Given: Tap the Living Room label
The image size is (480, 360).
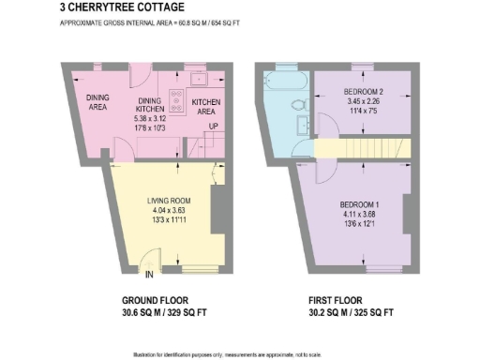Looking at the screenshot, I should pos(168,201).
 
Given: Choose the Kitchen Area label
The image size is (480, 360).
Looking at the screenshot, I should pos(205,106).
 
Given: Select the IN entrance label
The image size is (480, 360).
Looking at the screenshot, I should pos(149,274).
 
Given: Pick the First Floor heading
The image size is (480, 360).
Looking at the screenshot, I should pos(346,302).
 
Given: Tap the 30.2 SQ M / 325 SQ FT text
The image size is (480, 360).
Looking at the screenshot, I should pos(346,314).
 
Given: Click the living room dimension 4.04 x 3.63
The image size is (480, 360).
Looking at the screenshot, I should pos(168,211).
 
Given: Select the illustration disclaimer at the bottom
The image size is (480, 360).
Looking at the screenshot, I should pos(239,352).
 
